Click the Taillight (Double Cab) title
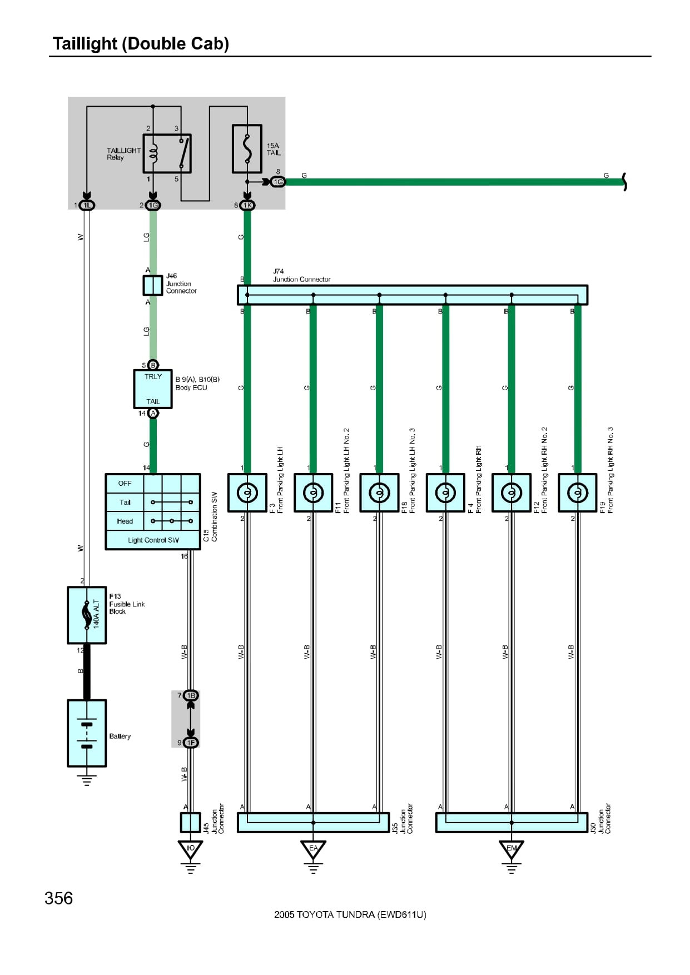(141, 43)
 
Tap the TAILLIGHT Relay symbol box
(167, 153)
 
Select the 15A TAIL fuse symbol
(247, 148)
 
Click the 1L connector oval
(87, 205)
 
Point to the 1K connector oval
(247, 205)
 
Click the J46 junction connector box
(153, 286)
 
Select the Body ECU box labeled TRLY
(153, 389)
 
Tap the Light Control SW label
(153, 540)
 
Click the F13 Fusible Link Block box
(87, 615)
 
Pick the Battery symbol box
(87, 733)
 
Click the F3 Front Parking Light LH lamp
(247, 493)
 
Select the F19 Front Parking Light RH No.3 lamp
(578, 493)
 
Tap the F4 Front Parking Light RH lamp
(445, 493)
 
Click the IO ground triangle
(191, 849)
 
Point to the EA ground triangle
(313, 849)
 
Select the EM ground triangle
(512, 849)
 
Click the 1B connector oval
(191, 695)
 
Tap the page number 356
(58, 898)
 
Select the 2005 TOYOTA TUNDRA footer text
(350, 914)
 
